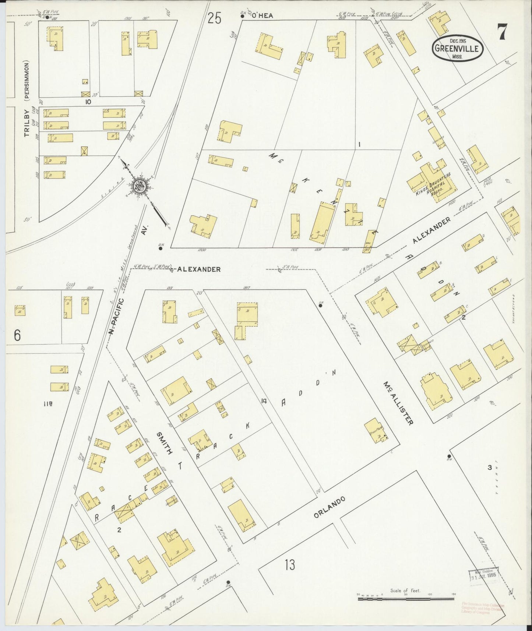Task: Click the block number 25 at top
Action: click(x=214, y=18)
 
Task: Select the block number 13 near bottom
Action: click(x=290, y=564)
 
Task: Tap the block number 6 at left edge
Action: click(x=17, y=335)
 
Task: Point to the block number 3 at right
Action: click(x=489, y=468)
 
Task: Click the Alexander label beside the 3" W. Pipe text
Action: click(x=199, y=269)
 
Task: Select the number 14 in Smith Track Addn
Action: click(x=263, y=401)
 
